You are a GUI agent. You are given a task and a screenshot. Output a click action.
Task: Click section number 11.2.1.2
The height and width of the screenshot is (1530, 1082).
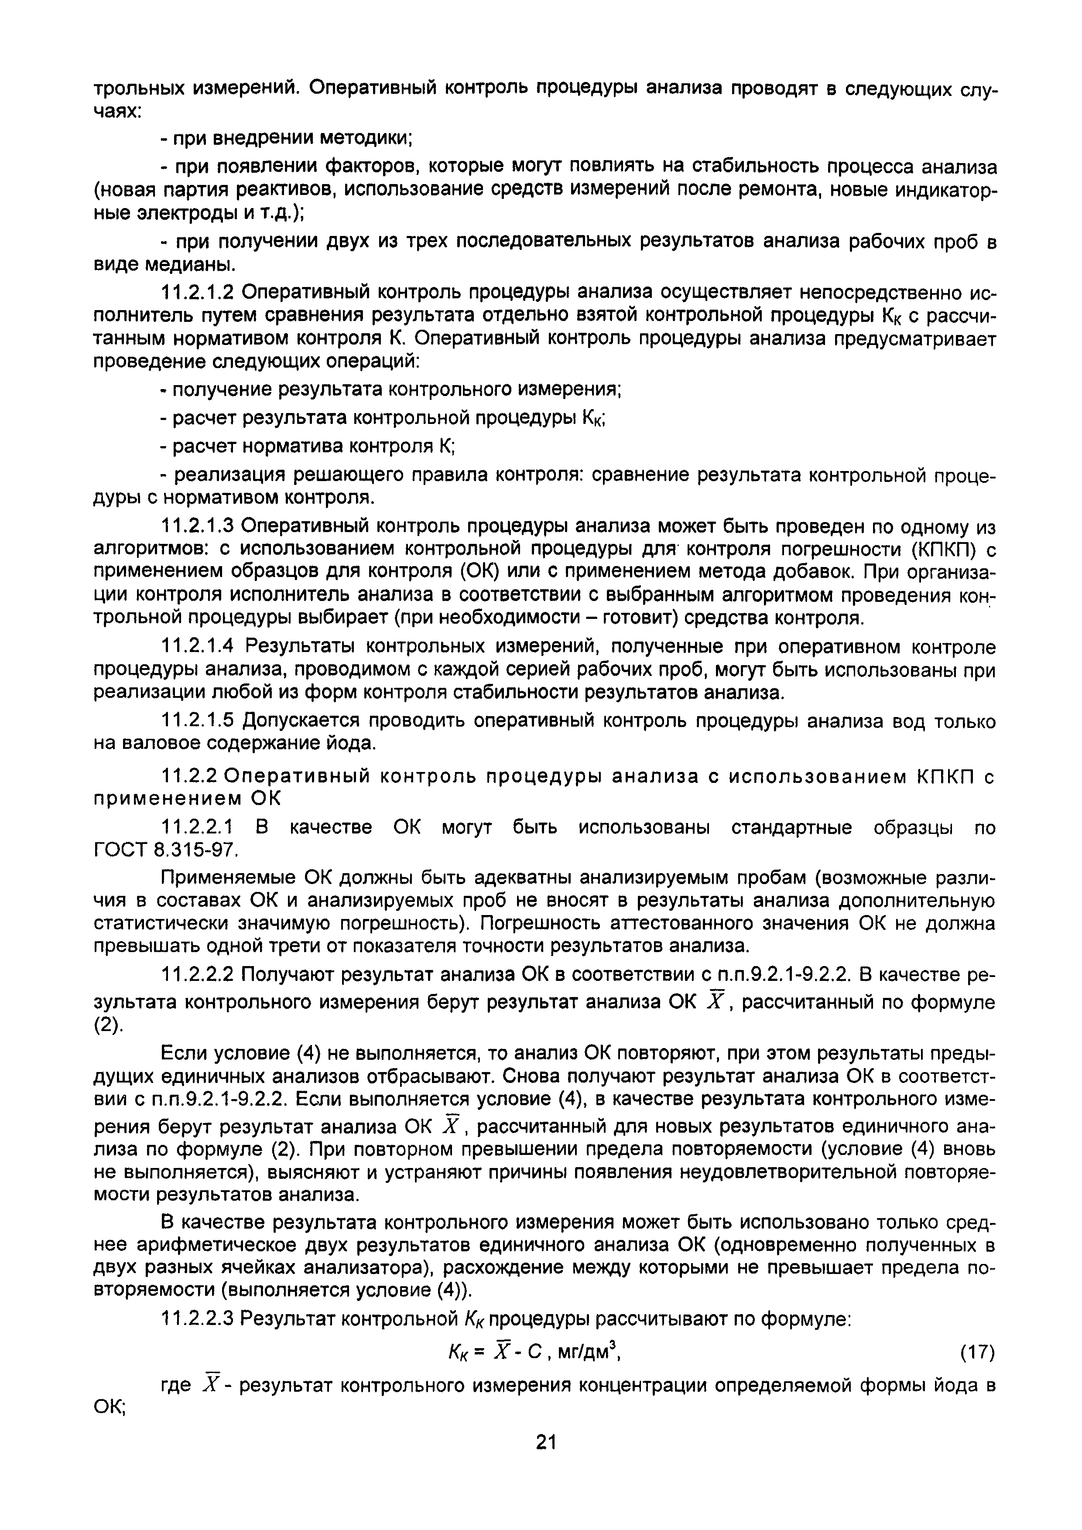198,293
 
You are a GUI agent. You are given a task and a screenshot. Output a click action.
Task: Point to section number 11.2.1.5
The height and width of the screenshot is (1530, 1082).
198,721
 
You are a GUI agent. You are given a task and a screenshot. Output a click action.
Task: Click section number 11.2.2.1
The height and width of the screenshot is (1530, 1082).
198,828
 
